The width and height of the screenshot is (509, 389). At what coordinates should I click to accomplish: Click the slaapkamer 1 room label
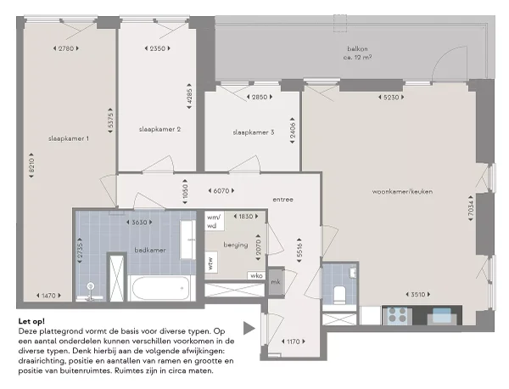[69, 138]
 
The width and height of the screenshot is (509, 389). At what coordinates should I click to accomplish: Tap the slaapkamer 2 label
[159, 129]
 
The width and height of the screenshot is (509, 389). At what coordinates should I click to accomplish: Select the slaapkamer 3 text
[253, 132]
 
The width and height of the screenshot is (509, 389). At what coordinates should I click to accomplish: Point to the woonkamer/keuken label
[402, 192]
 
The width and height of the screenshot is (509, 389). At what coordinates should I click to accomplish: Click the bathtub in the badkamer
[160, 288]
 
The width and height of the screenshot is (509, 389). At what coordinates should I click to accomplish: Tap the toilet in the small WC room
[339, 295]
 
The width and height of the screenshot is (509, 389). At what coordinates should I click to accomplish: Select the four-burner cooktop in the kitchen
[398, 315]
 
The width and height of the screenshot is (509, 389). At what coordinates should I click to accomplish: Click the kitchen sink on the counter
[442, 315]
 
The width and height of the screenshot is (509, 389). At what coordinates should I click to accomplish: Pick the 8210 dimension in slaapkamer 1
[31, 166]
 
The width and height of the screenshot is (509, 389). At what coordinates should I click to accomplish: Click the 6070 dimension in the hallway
[221, 191]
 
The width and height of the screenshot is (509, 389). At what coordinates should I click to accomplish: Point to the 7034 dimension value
[471, 208]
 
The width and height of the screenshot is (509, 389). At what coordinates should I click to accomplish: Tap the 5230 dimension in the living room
[391, 97]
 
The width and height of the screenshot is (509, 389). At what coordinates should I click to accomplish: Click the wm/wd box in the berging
[214, 221]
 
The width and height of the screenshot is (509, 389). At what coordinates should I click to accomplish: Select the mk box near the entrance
[276, 282]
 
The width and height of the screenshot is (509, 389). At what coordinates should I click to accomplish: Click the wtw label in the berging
[211, 262]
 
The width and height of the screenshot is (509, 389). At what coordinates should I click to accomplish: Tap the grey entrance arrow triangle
[249, 328]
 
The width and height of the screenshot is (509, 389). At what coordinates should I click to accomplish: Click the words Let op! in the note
[31, 321]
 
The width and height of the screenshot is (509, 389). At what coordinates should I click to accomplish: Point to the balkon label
[357, 49]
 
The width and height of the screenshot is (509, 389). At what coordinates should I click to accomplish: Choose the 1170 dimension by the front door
[294, 341]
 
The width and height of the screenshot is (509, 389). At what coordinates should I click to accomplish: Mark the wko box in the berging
[256, 275]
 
